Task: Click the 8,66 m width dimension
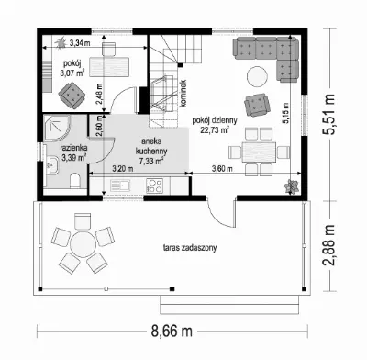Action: coord(172,331)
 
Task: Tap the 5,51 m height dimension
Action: coord(329,114)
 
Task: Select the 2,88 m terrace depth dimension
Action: coord(329,246)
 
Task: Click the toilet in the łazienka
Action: coord(74,180)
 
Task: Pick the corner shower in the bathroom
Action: coord(57,128)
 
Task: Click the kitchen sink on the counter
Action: coord(120,186)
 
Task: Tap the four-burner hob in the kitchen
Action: coord(154,186)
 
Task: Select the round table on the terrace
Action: coord(83,243)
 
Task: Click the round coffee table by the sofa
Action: coord(257,76)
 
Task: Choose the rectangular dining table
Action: coord(259,152)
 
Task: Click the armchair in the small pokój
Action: coord(72,96)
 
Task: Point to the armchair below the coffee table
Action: coord(257,105)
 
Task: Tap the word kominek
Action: coord(183,94)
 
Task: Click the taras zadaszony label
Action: coord(190,247)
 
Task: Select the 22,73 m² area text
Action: coord(215,129)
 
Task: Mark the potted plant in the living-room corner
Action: coord(291,186)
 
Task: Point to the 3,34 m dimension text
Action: coord(80,43)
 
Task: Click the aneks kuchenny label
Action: coord(151,151)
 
